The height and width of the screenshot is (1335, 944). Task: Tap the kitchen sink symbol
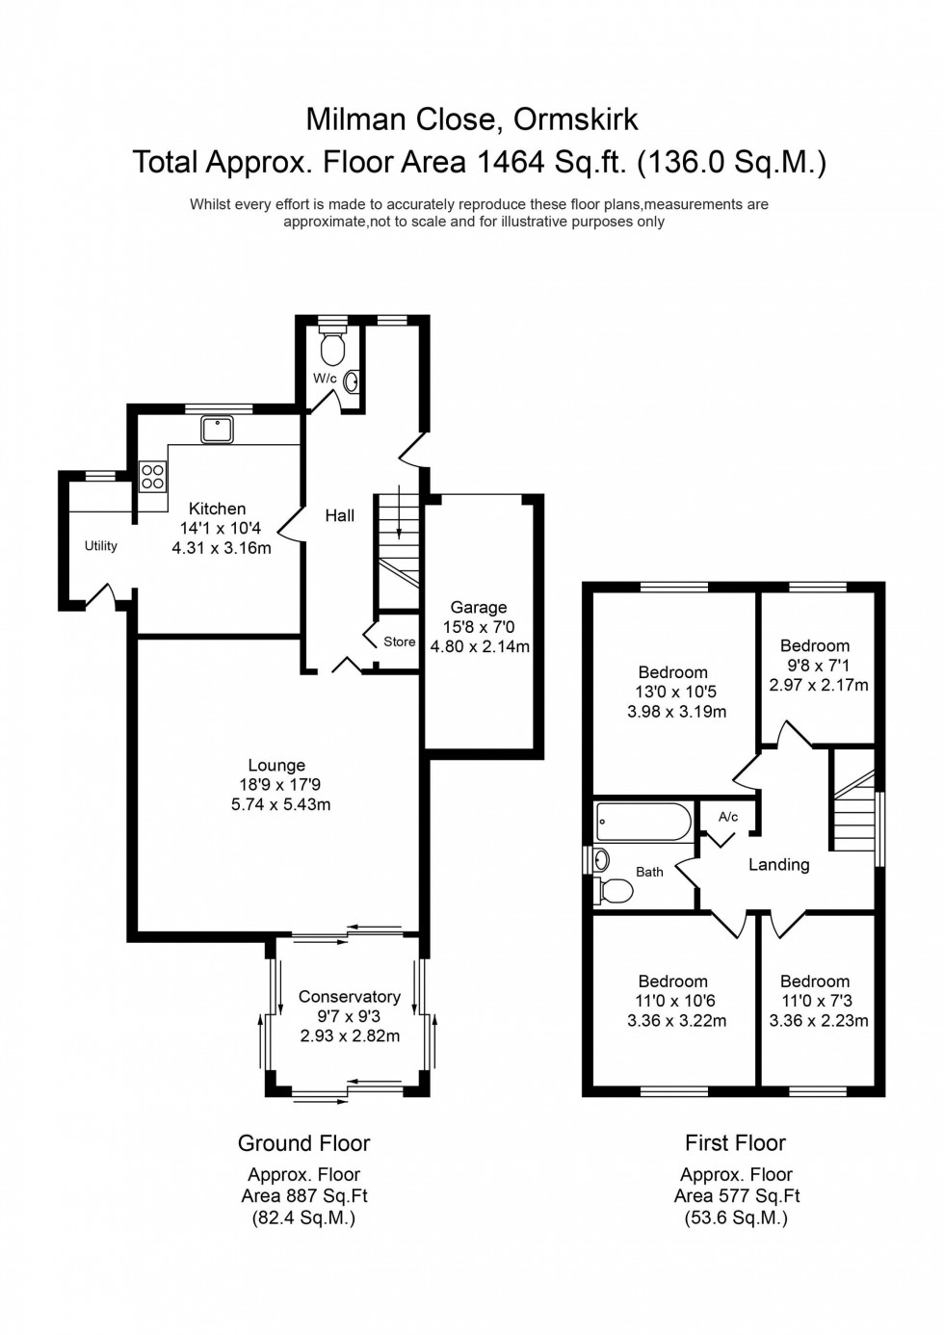(x=217, y=429)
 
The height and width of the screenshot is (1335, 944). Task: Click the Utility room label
(x=101, y=546)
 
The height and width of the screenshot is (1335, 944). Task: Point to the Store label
(x=399, y=641)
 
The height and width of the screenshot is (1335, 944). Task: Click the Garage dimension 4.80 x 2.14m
(x=480, y=647)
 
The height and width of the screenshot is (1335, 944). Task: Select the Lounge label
(x=276, y=766)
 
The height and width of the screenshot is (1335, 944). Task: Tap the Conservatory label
(x=349, y=997)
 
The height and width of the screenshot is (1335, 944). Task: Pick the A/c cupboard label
(x=728, y=817)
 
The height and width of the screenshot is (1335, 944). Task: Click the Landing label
(x=778, y=865)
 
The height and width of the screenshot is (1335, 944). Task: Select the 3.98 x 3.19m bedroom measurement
(x=676, y=712)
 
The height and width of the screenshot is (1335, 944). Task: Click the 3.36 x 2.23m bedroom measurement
(x=818, y=1021)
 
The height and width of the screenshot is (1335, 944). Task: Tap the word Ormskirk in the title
(x=575, y=118)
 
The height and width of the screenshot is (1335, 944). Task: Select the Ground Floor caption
(x=303, y=1143)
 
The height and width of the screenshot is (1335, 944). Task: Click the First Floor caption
(x=735, y=1143)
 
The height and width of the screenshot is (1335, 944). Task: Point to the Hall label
(x=339, y=516)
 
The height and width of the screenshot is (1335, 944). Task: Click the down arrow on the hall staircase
(x=399, y=521)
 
